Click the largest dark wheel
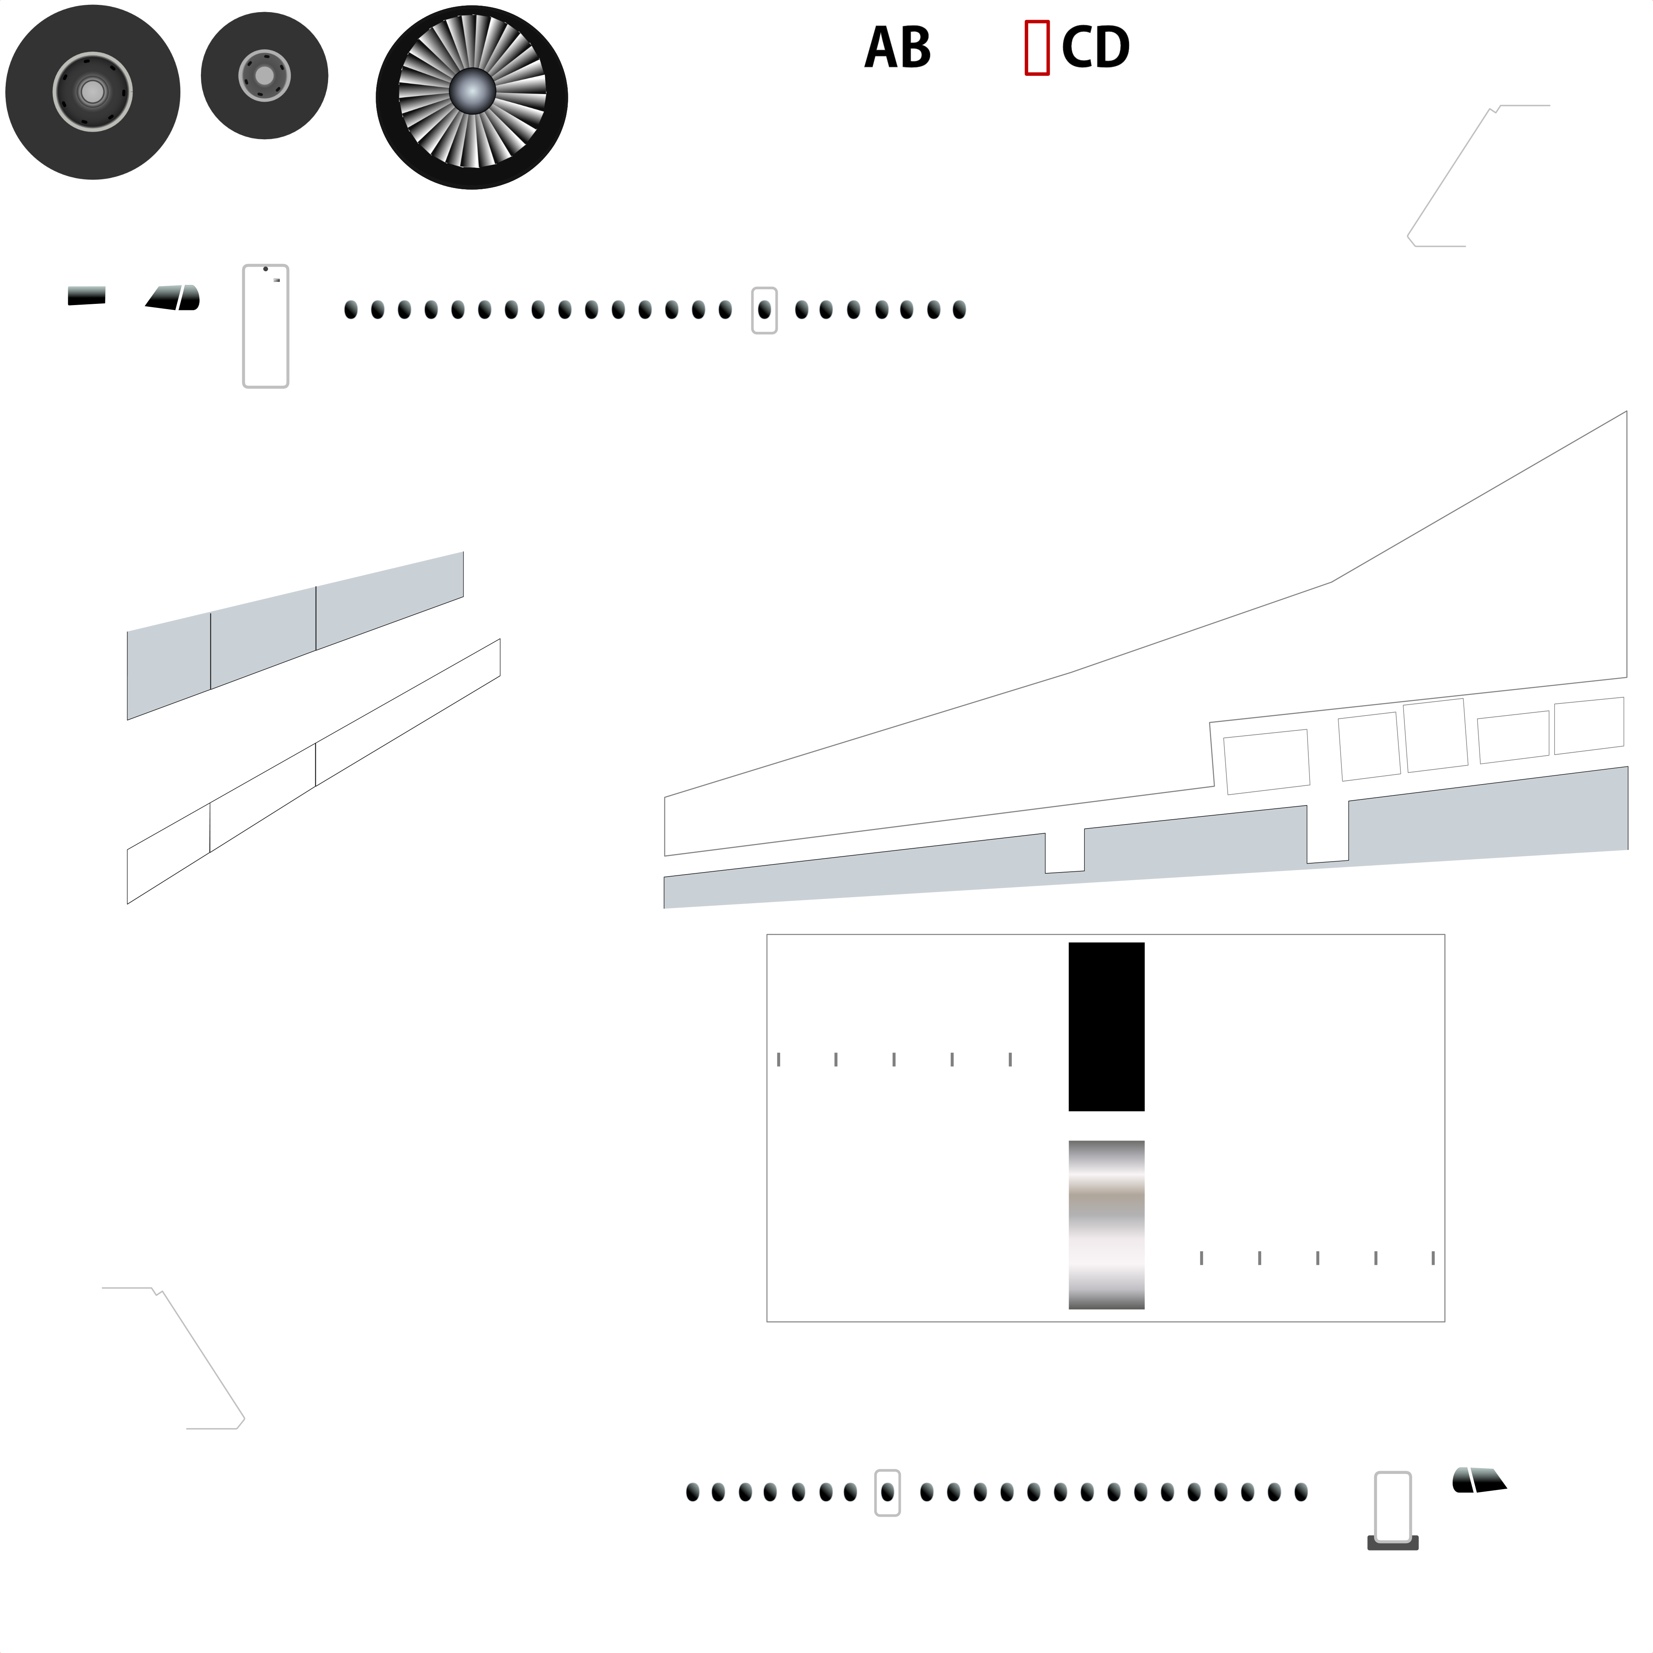tap(92, 92)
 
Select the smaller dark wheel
tap(264, 75)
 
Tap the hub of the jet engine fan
tap(472, 91)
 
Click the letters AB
tap(898, 48)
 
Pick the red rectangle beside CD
tap(1037, 48)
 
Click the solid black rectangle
tap(1106, 1027)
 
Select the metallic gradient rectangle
tap(1106, 1225)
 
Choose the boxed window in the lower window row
tap(887, 1493)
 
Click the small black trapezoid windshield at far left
tap(86, 295)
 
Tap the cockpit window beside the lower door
tap(1479, 1480)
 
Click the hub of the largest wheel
tap(92, 92)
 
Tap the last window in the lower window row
tap(1301, 1493)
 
